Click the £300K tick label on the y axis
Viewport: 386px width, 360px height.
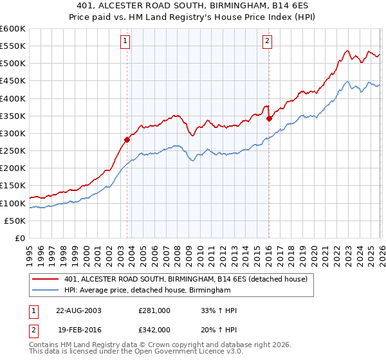click(13, 133)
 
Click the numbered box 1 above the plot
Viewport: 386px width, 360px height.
click(125, 41)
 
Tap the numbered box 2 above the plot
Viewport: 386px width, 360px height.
click(267, 41)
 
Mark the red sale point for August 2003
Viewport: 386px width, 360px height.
click(127, 139)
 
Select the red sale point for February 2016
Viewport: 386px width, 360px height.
click(269, 118)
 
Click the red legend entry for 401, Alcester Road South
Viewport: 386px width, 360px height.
click(186, 279)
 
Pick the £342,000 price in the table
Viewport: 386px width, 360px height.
click(154, 329)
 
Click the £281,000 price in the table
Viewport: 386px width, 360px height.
click(154, 310)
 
